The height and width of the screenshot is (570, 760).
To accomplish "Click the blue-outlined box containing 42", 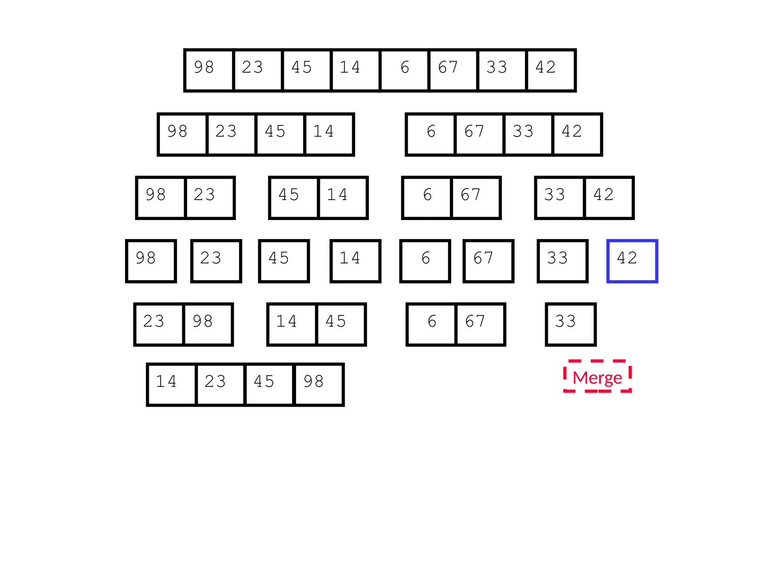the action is click(x=632, y=261).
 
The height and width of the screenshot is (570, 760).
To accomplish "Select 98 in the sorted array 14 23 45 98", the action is click(x=319, y=384).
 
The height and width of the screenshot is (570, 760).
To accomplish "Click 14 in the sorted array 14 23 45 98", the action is click(x=171, y=384).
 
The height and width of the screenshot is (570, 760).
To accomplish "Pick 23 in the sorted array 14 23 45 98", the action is click(x=220, y=384).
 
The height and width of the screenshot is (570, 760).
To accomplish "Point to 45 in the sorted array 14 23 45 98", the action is click(x=269, y=384).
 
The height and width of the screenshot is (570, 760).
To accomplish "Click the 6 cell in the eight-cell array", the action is click(x=404, y=70).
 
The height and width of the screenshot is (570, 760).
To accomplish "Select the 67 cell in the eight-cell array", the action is click(x=453, y=70).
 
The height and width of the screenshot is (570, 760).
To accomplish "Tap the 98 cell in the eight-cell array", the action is click(x=209, y=70).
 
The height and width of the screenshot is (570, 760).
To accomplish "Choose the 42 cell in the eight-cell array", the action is click(x=551, y=70).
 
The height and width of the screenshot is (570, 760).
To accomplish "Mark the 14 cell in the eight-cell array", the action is click(x=356, y=70).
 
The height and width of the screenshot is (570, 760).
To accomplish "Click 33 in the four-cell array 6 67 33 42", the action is click(x=528, y=134).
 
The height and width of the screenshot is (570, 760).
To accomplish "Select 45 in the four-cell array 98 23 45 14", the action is click(x=280, y=134).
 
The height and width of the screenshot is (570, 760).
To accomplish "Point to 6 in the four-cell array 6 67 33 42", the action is click(x=431, y=134).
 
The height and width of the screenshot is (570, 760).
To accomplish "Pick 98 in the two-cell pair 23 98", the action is click(x=208, y=324).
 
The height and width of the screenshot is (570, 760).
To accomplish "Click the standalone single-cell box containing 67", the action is click(x=488, y=261).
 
